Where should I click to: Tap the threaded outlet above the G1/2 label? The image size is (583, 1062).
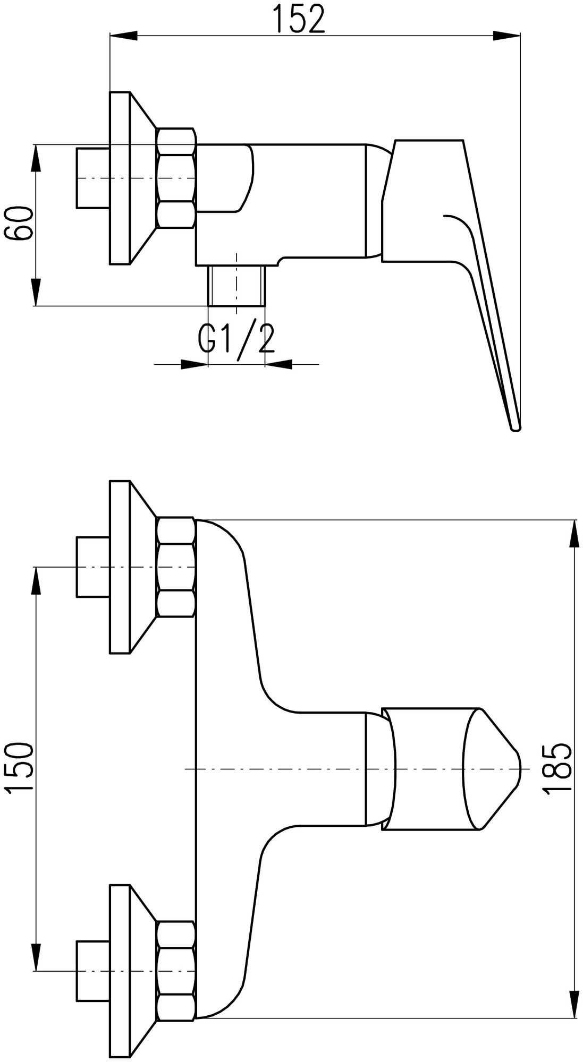(236, 286)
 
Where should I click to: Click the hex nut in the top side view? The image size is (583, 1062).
(176, 178)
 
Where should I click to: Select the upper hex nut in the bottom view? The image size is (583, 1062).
(176, 568)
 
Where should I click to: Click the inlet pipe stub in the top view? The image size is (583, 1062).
(93, 178)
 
